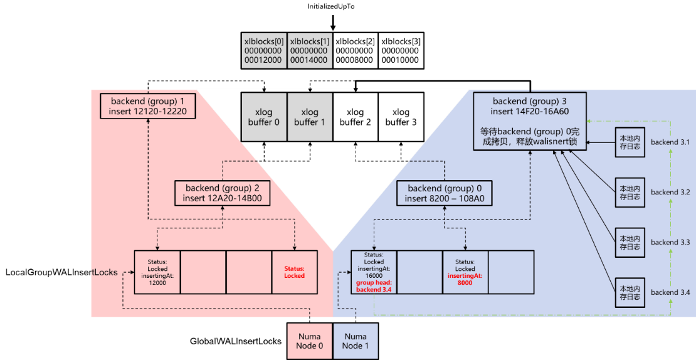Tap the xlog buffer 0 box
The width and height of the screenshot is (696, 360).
pyautogui.click(x=264, y=117)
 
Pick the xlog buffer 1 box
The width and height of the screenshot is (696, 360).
pyautogui.click(x=310, y=117)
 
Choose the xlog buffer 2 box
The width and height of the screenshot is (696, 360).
pyautogui.click(x=356, y=117)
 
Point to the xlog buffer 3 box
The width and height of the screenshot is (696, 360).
pyautogui.click(x=401, y=117)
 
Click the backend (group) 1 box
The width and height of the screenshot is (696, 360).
pyautogui.click(x=148, y=106)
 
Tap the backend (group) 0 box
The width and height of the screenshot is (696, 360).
pyautogui.click(x=445, y=193)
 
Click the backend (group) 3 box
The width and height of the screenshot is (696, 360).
pyautogui.click(x=530, y=121)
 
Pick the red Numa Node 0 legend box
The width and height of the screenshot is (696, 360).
pyautogui.click(x=310, y=341)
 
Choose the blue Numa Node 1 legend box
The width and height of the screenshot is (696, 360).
pyautogui.click(x=356, y=341)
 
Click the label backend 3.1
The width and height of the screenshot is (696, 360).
pyautogui.click(x=670, y=143)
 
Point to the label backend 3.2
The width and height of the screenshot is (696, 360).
pyautogui.click(x=670, y=192)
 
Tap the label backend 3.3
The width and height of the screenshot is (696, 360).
pyautogui.click(x=670, y=242)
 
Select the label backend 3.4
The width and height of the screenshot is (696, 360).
pyautogui.click(x=670, y=292)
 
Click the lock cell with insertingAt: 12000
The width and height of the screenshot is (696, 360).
pyautogui.click(x=157, y=272)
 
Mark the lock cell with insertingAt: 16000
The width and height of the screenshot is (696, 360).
pyautogui.click(x=374, y=272)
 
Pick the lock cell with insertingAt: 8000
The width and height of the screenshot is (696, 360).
pyautogui.click(x=465, y=272)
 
